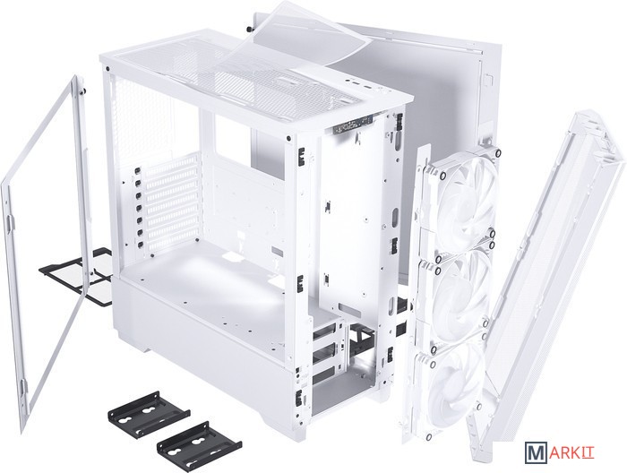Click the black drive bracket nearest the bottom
pos(199,442)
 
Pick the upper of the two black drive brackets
pos(149,414)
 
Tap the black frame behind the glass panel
pos(79,276)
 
